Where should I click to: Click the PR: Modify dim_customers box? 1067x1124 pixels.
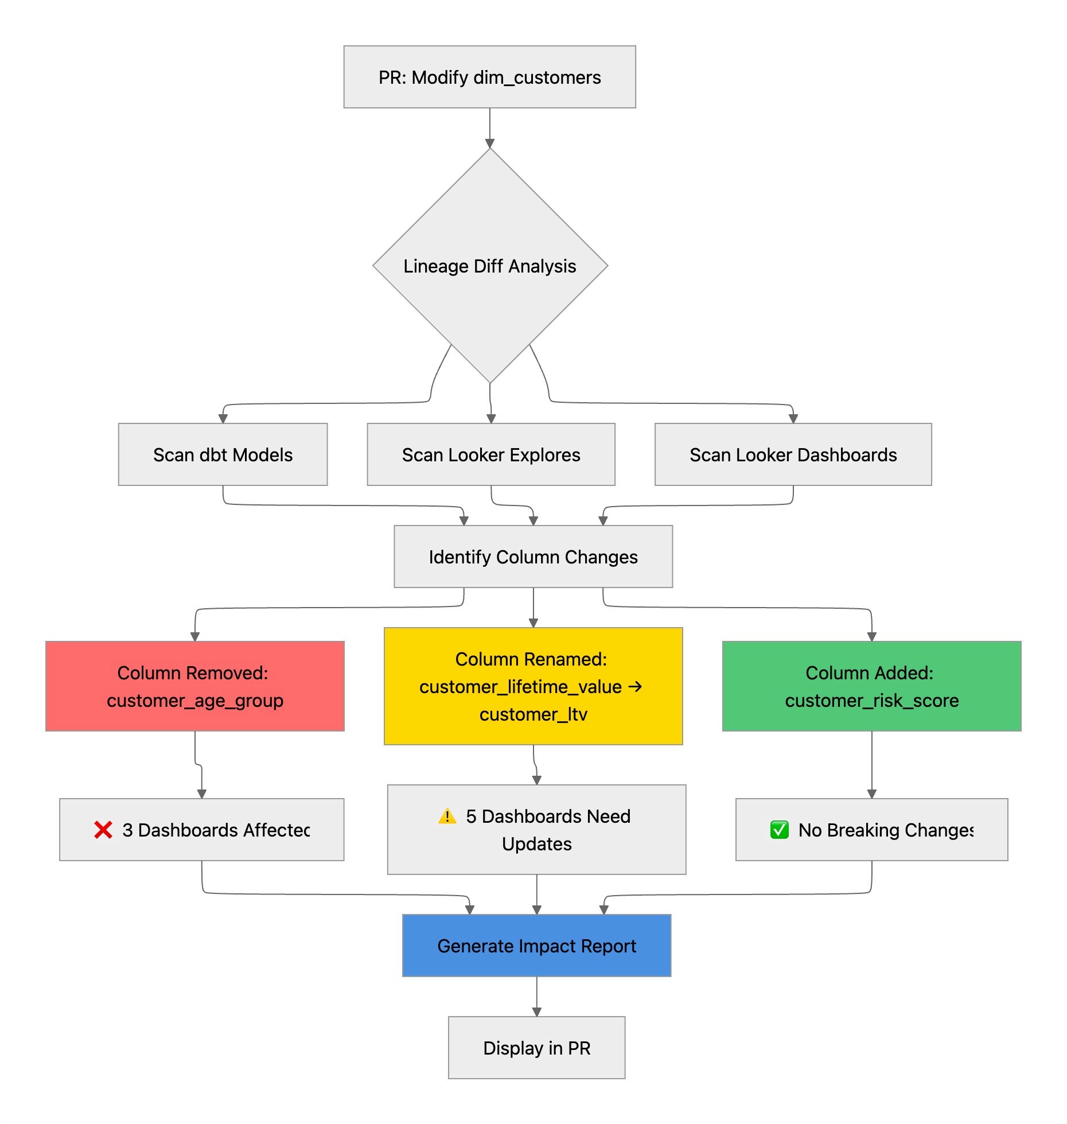click(x=489, y=77)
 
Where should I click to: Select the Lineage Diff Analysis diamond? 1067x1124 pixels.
click(x=489, y=266)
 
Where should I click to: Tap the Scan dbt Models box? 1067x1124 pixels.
click(x=223, y=454)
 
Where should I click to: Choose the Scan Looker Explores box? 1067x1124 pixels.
click(x=490, y=454)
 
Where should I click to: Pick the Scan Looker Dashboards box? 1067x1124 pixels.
click(x=793, y=454)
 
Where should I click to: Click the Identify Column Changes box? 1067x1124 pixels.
click(x=533, y=557)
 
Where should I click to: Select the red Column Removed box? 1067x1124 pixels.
click(x=194, y=686)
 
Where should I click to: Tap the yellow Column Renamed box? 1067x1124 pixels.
click(x=533, y=686)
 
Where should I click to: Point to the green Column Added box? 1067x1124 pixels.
click(x=871, y=686)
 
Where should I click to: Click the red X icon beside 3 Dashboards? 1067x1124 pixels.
click(x=103, y=830)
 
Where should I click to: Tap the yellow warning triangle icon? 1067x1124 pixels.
click(x=447, y=816)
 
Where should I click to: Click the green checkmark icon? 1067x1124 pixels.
click(x=779, y=830)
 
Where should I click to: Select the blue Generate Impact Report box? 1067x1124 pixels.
click(x=536, y=946)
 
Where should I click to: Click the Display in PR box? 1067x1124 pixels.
click(x=536, y=1048)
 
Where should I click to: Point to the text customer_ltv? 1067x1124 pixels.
click(x=533, y=714)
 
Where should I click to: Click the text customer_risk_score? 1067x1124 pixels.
click(x=871, y=701)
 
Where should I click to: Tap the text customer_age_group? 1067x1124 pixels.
click(x=194, y=701)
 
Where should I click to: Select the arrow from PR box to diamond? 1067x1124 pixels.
click(x=489, y=127)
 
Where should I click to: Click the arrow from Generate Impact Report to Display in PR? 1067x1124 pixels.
click(x=536, y=996)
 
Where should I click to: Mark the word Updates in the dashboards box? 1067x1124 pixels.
click(x=536, y=844)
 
